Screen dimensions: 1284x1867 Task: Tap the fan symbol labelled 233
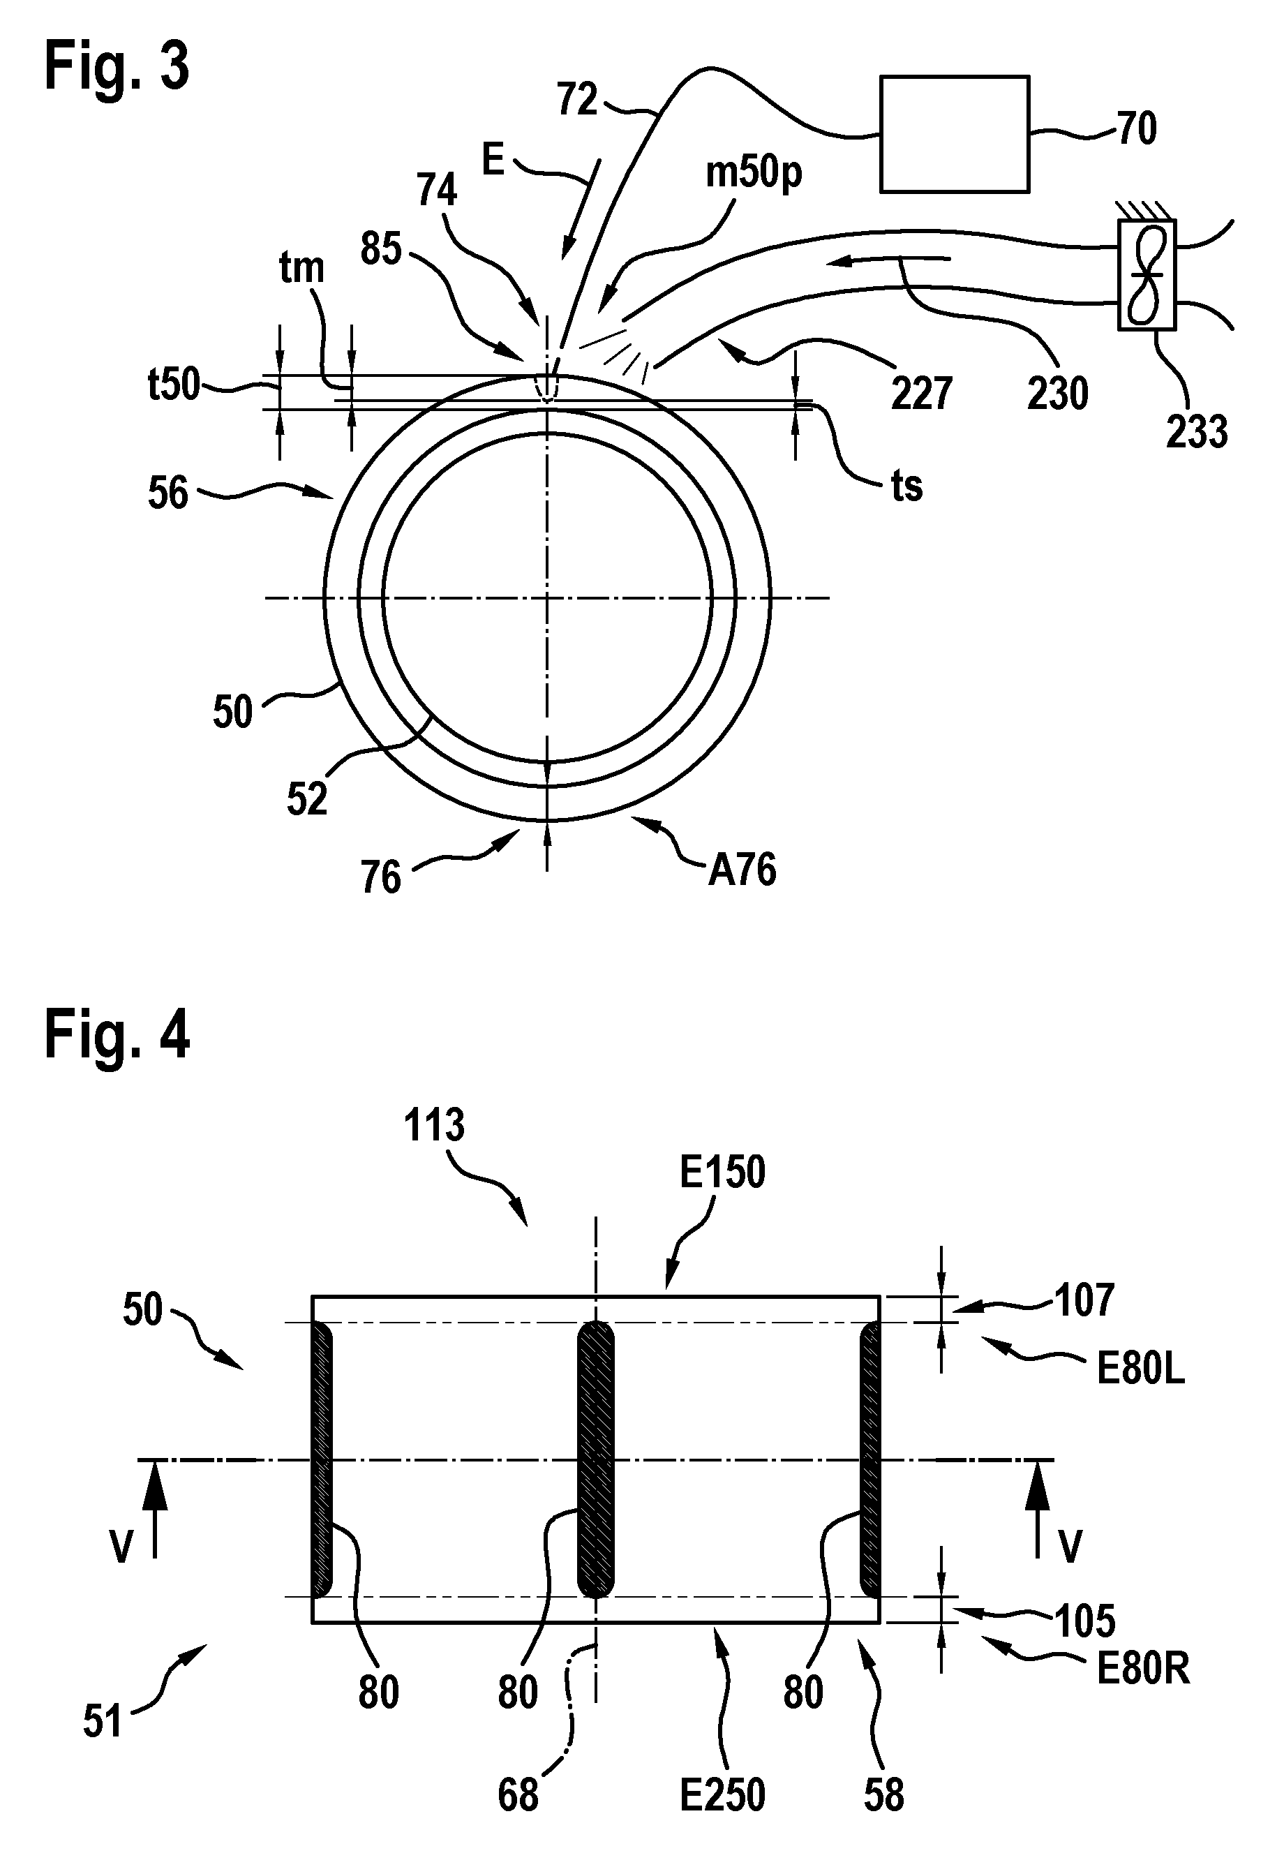click(1147, 274)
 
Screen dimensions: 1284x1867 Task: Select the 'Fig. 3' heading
click(117, 67)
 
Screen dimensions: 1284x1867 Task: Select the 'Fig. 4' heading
click(117, 1036)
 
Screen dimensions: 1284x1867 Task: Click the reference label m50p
click(754, 173)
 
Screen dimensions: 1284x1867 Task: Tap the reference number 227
click(921, 394)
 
